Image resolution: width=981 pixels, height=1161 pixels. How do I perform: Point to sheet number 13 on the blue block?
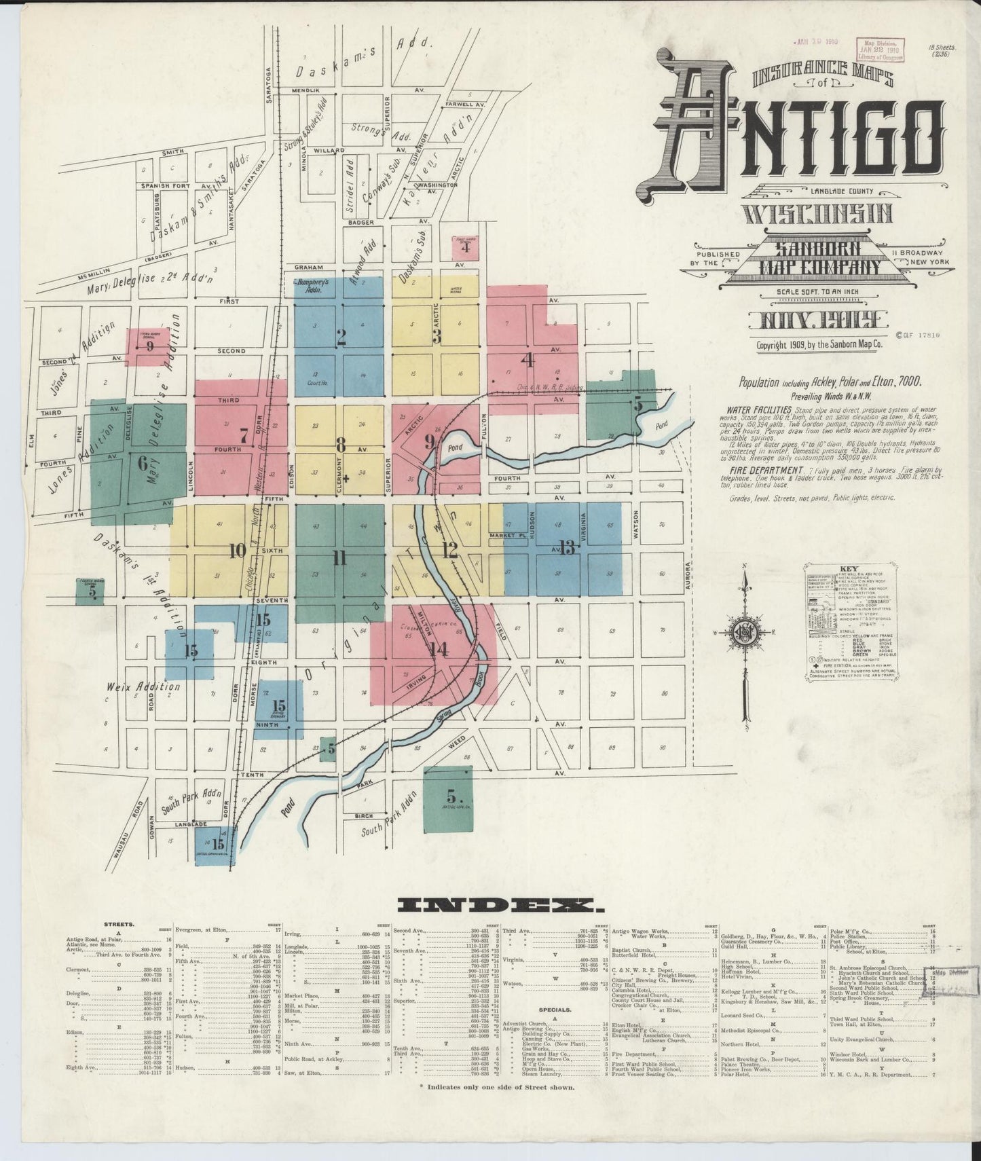tap(568, 547)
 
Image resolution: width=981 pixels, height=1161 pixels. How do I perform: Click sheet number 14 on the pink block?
tap(439, 649)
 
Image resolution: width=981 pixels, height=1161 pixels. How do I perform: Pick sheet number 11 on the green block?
tap(339, 558)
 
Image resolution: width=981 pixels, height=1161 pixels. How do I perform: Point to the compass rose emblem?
tap(745, 632)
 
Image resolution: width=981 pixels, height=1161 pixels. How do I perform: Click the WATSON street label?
tap(637, 525)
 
